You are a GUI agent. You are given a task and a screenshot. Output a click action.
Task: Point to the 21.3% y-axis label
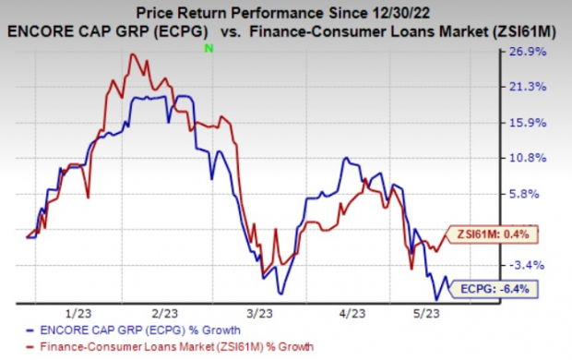541,88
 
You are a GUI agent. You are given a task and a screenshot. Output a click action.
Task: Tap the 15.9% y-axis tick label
541,123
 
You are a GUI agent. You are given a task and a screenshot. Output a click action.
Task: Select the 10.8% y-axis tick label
541,158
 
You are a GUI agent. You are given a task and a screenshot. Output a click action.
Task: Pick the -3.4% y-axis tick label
541,265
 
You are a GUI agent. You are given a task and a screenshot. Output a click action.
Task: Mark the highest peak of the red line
134,54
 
